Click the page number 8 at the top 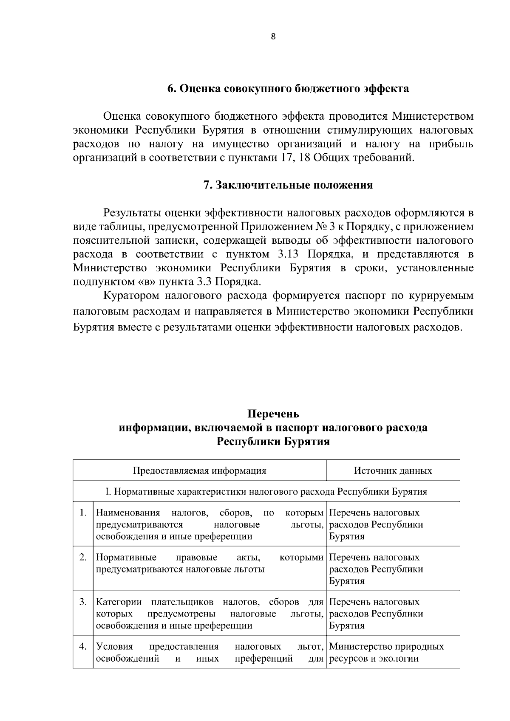(x=273, y=37)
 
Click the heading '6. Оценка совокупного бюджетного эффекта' (x=288, y=89)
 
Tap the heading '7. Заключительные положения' (x=288, y=186)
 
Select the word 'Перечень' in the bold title (x=273, y=414)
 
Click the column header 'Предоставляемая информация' (x=199, y=470)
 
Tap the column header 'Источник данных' (x=393, y=470)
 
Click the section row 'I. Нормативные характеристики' (x=266, y=492)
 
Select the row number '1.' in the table (x=83, y=513)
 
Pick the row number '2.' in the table (x=83, y=558)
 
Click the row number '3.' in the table (x=83, y=602)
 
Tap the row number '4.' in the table (x=83, y=647)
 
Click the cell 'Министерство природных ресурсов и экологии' (x=386, y=653)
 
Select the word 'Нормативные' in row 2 (x=126, y=558)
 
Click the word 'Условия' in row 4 (x=114, y=647)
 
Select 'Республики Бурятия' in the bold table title (x=273, y=442)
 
